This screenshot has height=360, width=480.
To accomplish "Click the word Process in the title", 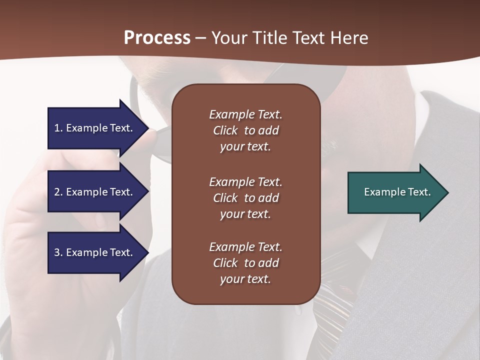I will [157, 38].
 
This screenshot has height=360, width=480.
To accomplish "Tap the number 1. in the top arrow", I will [58, 128].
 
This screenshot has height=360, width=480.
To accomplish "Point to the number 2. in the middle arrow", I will [58, 192].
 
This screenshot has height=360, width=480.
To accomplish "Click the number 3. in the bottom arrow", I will [58, 252].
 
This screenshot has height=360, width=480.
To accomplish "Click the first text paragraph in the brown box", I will [245, 130].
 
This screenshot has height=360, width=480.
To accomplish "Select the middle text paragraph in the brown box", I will [245, 198].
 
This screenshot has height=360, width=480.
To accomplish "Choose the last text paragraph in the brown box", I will [245, 263].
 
